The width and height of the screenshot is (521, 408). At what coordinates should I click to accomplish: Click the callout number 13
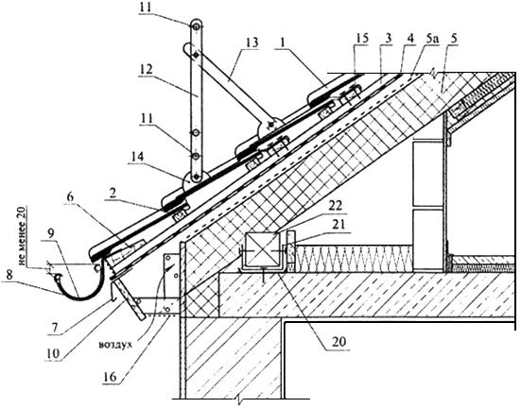tap(252, 43)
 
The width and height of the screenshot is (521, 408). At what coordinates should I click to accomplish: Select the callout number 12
tap(146, 69)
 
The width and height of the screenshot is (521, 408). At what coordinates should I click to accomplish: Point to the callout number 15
tap(361, 38)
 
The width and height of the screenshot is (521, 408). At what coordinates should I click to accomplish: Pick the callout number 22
tap(335, 206)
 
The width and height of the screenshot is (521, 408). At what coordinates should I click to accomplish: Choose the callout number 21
tap(339, 226)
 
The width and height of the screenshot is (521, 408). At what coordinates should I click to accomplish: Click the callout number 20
tap(339, 341)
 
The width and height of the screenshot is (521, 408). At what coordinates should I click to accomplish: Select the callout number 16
tap(110, 377)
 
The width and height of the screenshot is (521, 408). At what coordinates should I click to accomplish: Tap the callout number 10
tap(53, 353)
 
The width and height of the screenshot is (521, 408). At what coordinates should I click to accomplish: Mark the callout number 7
tap(54, 329)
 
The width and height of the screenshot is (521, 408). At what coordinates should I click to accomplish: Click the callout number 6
tap(70, 196)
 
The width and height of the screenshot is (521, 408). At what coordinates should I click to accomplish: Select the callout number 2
tap(113, 193)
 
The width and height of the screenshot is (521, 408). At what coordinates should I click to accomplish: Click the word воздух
tap(115, 345)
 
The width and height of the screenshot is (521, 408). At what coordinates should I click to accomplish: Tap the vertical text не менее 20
tap(23, 237)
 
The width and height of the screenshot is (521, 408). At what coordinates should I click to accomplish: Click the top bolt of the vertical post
tap(196, 25)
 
